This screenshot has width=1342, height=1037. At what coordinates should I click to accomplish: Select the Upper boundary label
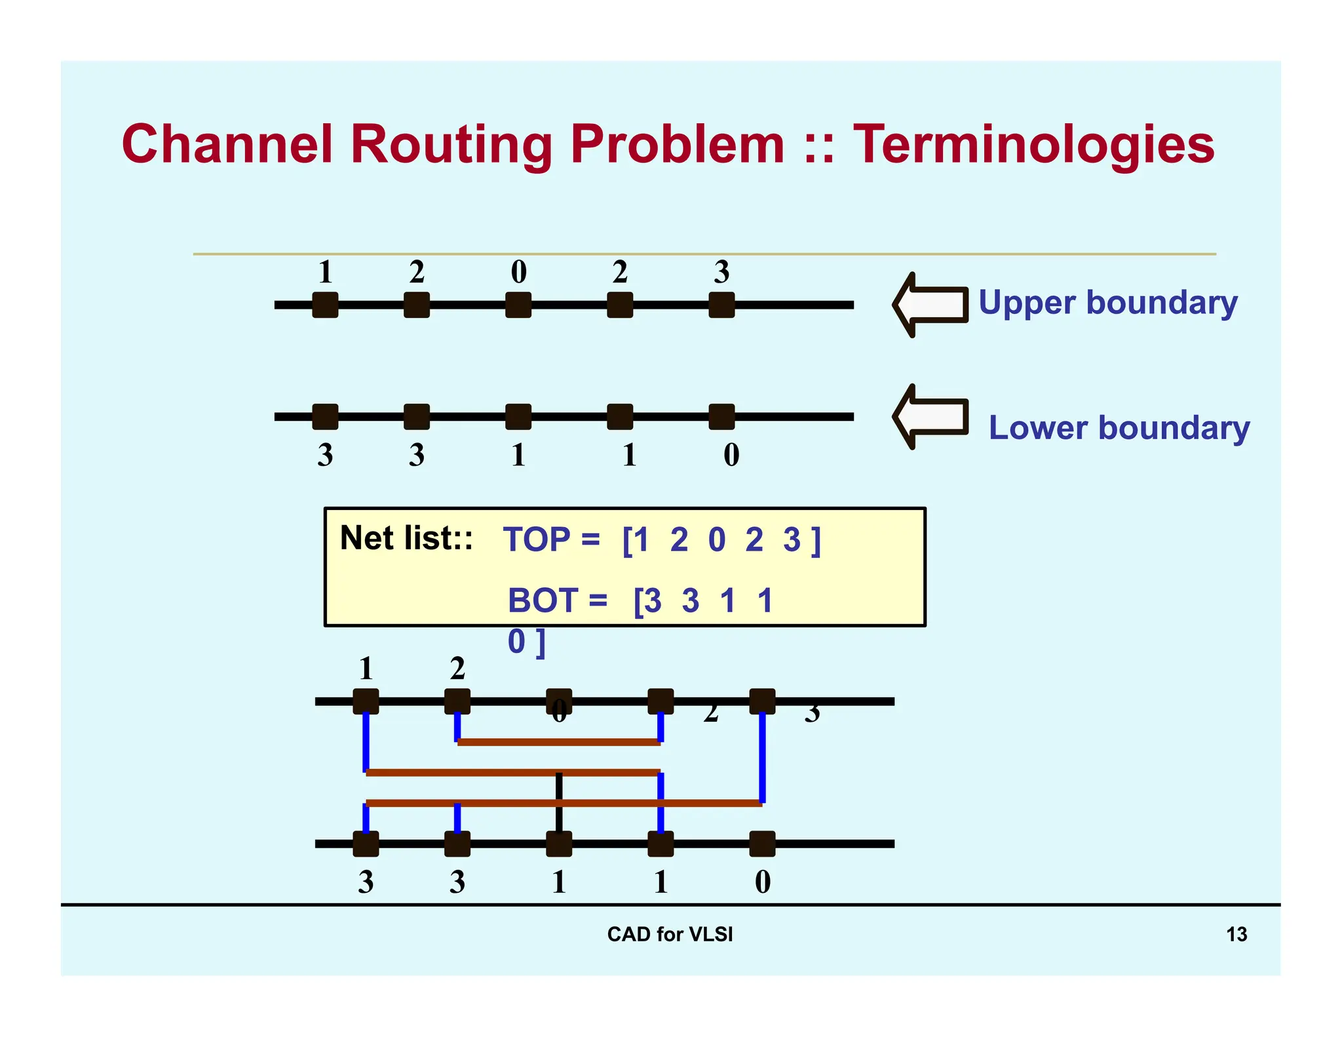pos(1107,303)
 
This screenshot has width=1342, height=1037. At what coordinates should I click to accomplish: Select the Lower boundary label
pos(1119,427)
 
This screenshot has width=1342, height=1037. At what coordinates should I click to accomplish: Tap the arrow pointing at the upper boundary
pos(930,305)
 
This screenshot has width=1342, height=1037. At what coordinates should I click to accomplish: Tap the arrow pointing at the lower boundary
pos(930,416)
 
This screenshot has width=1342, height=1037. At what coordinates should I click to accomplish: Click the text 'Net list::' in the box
pos(406,538)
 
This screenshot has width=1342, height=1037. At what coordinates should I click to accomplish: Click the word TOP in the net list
pos(537,540)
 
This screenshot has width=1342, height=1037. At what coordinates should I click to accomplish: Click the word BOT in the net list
pos(543,600)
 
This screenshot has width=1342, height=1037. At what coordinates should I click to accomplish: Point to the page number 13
pos(1236,934)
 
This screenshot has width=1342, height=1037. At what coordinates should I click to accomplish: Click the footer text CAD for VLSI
pos(670,934)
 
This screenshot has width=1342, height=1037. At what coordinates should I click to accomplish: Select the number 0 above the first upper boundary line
pos(518,272)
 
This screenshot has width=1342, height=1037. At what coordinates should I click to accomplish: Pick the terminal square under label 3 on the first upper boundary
pos(721,305)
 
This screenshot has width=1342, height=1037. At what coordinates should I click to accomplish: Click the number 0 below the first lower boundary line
pos(731,455)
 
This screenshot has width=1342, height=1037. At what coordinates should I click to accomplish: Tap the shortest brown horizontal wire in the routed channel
pos(558,742)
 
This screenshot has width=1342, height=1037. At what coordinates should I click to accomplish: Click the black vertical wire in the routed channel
pos(559,803)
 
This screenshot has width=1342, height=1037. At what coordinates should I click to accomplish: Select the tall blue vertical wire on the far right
pos(762,757)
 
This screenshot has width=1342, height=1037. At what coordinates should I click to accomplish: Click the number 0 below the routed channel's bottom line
pos(763,882)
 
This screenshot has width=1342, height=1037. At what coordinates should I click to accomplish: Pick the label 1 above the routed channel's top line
pos(366,669)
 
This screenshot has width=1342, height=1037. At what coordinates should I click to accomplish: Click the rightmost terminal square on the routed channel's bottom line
pos(762,844)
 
